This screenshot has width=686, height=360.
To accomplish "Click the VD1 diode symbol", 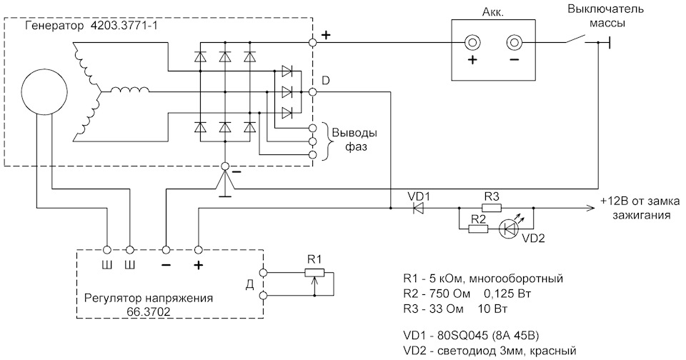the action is [419, 209].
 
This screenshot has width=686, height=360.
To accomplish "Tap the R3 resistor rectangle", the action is [492, 209].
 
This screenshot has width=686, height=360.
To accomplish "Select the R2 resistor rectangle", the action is [478, 229].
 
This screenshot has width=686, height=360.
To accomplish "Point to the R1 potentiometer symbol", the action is [314, 273].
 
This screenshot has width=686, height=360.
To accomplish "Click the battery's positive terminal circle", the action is [472, 42].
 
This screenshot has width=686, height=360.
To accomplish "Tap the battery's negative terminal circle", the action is [514, 42].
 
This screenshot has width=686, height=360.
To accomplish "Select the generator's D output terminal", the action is [312, 92].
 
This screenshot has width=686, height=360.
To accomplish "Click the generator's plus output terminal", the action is [312, 42].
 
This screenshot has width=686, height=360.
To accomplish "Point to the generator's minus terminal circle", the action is [225, 166].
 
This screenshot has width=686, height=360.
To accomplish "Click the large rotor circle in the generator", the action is [44, 92].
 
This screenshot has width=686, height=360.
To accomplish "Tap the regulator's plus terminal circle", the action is [198, 250].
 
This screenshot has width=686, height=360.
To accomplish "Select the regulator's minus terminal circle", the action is [166, 250].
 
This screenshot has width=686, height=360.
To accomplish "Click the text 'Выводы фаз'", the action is [354, 140].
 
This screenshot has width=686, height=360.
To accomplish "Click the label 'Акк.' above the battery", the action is [492, 13].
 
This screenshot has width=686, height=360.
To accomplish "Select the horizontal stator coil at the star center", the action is [129, 90].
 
